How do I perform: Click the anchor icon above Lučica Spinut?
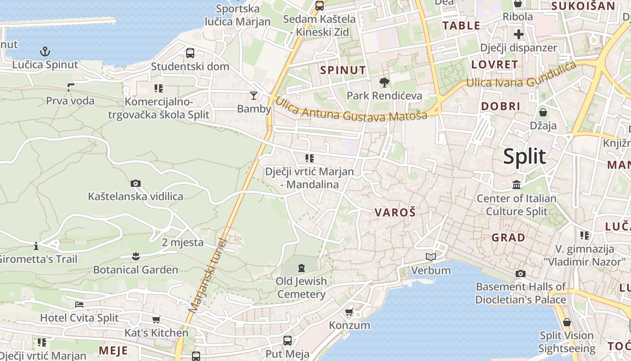click(x=45, y=51)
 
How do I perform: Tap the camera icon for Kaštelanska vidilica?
click(x=135, y=183)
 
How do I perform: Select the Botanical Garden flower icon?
click(x=135, y=256)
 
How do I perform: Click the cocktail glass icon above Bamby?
click(x=254, y=95)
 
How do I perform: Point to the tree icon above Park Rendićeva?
click(x=384, y=82)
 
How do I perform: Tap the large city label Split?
click(x=525, y=156)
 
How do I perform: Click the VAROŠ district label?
click(x=394, y=213)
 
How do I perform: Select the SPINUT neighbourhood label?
click(x=343, y=70)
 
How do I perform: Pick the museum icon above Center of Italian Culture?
click(x=517, y=185)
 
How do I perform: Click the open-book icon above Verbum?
click(x=431, y=257)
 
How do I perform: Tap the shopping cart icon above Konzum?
click(x=349, y=312)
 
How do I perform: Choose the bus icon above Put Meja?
click(x=287, y=341)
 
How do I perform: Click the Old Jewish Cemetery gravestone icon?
click(x=301, y=268)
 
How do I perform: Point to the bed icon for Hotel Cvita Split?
click(x=79, y=304)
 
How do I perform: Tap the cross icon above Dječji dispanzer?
click(x=518, y=34)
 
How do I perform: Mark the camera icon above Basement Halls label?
click(x=521, y=273)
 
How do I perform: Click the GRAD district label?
click(x=508, y=237)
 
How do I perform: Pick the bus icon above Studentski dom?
click(x=190, y=53)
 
